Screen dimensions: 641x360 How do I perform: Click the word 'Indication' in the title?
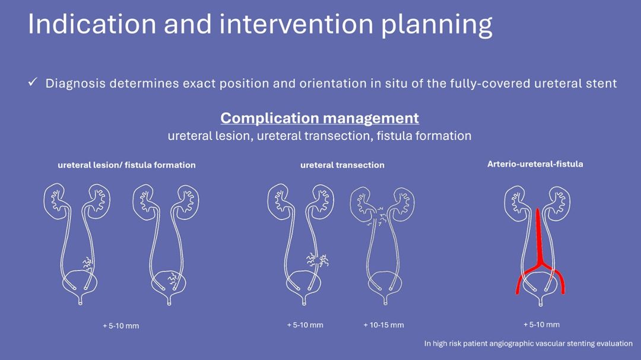coord(92,24)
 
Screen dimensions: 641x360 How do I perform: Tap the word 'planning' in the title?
coord(437,26)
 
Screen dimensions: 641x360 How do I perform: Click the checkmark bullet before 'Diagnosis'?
coord(33,82)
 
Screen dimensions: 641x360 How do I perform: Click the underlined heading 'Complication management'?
coord(319,118)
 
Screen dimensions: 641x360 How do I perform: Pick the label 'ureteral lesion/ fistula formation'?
coord(127,165)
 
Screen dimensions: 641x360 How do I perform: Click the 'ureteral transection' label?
coord(342,165)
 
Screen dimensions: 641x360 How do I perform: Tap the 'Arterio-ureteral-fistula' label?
coord(535,164)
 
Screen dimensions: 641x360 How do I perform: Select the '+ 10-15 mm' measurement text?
coord(383,325)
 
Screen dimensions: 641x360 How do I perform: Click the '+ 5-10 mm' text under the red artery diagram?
coord(541,324)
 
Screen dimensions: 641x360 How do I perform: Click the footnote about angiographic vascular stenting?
coord(528,343)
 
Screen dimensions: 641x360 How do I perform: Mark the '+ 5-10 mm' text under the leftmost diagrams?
coord(120,326)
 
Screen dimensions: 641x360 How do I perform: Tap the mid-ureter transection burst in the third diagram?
coord(318,260)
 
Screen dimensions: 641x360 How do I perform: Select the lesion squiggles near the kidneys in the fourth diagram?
coord(377,216)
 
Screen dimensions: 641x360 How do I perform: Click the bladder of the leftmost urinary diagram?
coord(80,286)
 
